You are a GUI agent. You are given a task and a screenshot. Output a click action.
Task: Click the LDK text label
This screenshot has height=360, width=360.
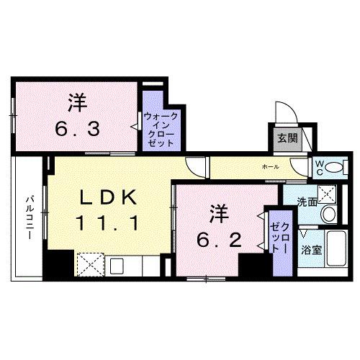pyautogui.click(x=106, y=196)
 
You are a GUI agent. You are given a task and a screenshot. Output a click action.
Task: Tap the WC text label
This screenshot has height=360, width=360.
pyautogui.click(x=318, y=167)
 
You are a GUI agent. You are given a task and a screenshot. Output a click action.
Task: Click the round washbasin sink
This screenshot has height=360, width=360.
pyautogui.click(x=328, y=214)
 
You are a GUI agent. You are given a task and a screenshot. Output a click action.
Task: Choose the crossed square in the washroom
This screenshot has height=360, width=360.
pyautogui.click(x=328, y=193)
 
